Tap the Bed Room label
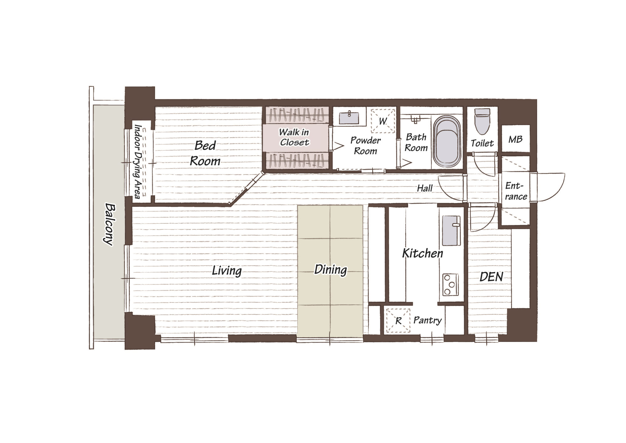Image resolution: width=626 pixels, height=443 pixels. (205, 153)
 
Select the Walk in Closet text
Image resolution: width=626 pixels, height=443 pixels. (294, 137)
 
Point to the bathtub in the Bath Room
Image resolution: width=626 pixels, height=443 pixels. (447, 141)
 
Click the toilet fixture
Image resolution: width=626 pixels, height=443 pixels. (482, 121)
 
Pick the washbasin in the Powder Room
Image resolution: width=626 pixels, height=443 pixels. (349, 117)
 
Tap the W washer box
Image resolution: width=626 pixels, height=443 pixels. (383, 121)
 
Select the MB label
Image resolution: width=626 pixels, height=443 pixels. (515, 139)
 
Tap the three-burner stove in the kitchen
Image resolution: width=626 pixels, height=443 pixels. (450, 284)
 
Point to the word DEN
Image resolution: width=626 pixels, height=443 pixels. (491, 277)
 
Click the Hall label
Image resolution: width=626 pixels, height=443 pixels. (425, 188)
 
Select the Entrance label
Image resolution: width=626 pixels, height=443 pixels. (516, 191)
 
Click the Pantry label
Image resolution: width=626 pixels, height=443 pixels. (427, 320)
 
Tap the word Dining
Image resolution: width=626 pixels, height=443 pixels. (331, 270)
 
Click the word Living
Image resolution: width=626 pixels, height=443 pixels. (227, 271)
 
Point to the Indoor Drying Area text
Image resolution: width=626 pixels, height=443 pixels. (138, 161)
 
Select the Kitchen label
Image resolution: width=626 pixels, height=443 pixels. (423, 253)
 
